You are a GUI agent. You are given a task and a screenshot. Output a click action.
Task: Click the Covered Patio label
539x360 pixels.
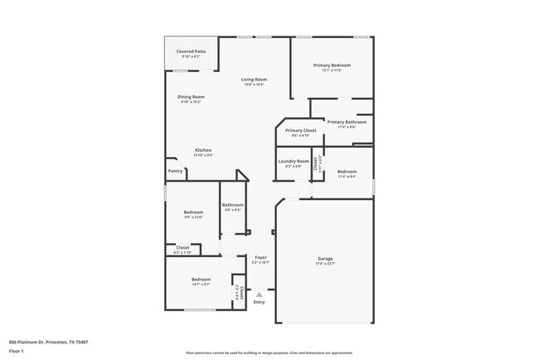(191, 51)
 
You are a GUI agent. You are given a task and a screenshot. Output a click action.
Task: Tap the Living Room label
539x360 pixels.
(254, 79)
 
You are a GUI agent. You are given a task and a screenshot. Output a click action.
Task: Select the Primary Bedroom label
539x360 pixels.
(332, 66)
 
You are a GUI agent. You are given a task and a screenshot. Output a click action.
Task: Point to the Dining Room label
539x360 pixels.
(191, 97)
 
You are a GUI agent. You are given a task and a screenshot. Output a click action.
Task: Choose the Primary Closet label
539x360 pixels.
(300, 130)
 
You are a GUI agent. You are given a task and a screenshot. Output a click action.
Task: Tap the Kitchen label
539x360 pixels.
(203, 150)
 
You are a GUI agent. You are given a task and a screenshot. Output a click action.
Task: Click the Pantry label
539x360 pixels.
(176, 171)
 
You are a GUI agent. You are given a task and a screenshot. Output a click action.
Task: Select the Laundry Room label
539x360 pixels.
(294, 161)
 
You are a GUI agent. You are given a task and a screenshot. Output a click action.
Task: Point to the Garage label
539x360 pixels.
(324, 259)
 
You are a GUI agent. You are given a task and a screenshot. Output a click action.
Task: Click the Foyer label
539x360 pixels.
(260, 258)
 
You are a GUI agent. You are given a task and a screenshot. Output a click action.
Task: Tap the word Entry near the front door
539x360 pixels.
(260, 303)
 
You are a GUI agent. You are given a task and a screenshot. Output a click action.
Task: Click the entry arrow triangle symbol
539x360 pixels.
(260, 294)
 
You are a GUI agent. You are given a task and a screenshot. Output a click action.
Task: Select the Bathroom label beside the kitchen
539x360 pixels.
(232, 205)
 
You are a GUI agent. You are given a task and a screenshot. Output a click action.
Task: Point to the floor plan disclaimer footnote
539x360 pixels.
(269, 353)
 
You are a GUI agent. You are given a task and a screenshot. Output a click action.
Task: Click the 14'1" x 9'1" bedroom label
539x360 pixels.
(202, 280)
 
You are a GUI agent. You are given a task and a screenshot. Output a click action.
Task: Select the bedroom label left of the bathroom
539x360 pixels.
(192, 212)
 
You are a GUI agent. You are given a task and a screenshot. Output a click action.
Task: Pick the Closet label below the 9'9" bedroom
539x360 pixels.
(182, 247)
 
